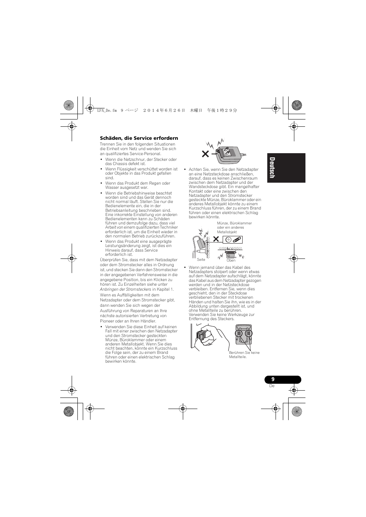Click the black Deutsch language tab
point(286,168)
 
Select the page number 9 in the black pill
point(273,379)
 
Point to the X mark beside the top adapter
point(205,154)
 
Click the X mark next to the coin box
point(216,239)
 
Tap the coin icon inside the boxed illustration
point(228,240)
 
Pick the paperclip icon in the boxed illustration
point(237,240)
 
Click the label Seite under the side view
point(201,260)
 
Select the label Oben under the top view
point(231,260)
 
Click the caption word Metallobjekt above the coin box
point(227,232)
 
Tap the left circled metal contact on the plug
point(239,333)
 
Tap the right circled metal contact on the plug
point(248,333)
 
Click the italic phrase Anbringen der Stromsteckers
point(125,289)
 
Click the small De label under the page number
point(272,386)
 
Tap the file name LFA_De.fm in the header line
point(107,110)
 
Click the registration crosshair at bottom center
point(183,409)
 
